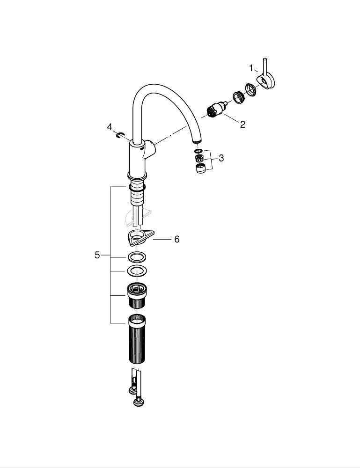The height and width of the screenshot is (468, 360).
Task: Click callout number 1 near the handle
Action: point(251,68)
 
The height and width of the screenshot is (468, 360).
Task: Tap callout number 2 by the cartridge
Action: point(242,124)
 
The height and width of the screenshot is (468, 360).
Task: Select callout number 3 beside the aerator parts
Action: point(221,158)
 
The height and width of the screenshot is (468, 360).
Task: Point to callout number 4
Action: point(110,127)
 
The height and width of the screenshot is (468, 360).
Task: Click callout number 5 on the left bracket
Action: point(97,255)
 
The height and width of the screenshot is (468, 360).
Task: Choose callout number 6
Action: point(177,239)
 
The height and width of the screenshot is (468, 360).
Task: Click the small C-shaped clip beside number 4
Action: point(119,136)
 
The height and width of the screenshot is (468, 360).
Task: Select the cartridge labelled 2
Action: point(217,109)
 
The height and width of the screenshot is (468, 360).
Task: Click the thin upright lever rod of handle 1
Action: point(265,66)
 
